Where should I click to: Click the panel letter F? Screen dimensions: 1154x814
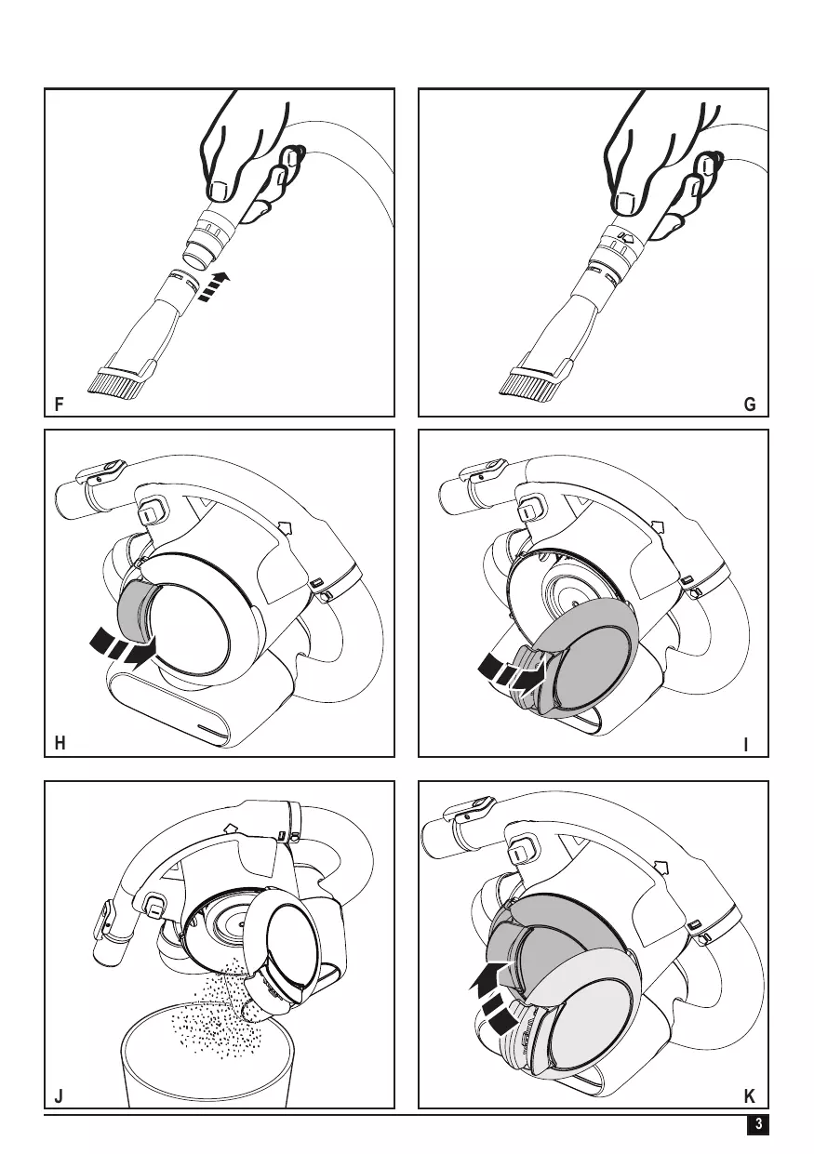[x=60, y=405]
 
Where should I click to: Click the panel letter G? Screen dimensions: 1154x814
[x=751, y=405]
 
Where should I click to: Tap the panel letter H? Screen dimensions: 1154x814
[x=60, y=744]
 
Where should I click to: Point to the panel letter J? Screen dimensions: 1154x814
[x=59, y=1096]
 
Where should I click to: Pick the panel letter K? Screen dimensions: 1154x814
[x=750, y=1096]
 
